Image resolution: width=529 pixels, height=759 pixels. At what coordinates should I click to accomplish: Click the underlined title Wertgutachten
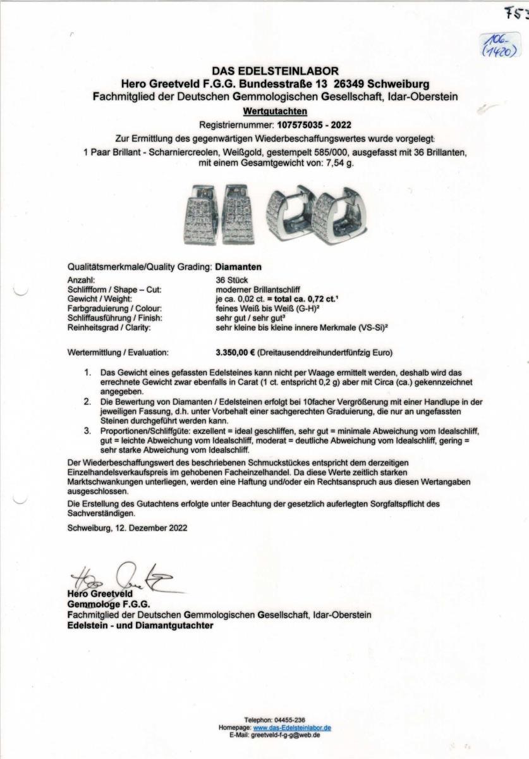coord(265,111)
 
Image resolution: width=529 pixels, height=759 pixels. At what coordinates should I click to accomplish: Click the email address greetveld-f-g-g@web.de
coord(285,735)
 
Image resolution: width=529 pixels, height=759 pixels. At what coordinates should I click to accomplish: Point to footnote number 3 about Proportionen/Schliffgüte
coord(88,431)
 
